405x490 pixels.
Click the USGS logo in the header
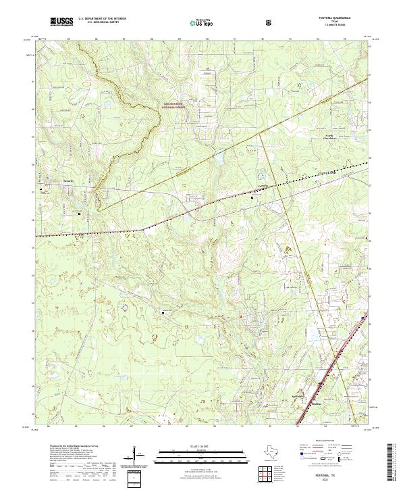(x=62, y=22)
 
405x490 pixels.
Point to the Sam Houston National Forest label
(x=175, y=105)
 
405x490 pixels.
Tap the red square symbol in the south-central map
(x=241, y=317)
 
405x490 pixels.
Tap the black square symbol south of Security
(x=79, y=214)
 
